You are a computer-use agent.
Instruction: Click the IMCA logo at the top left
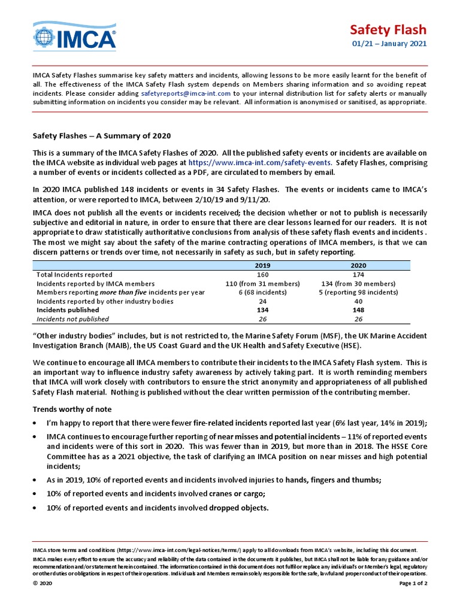[74, 37]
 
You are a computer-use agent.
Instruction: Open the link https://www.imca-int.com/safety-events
[260, 162]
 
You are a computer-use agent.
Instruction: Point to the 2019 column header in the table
[262, 265]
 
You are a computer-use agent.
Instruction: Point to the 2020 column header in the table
[358, 265]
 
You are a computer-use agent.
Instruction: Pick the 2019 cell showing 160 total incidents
[262, 274]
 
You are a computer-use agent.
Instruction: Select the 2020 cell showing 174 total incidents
[358, 274]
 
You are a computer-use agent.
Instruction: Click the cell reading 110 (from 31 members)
[262, 283]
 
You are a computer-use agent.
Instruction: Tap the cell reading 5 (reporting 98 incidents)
[358, 292]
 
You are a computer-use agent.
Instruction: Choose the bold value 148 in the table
[358, 310]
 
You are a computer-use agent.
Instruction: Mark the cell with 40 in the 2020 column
[358, 301]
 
